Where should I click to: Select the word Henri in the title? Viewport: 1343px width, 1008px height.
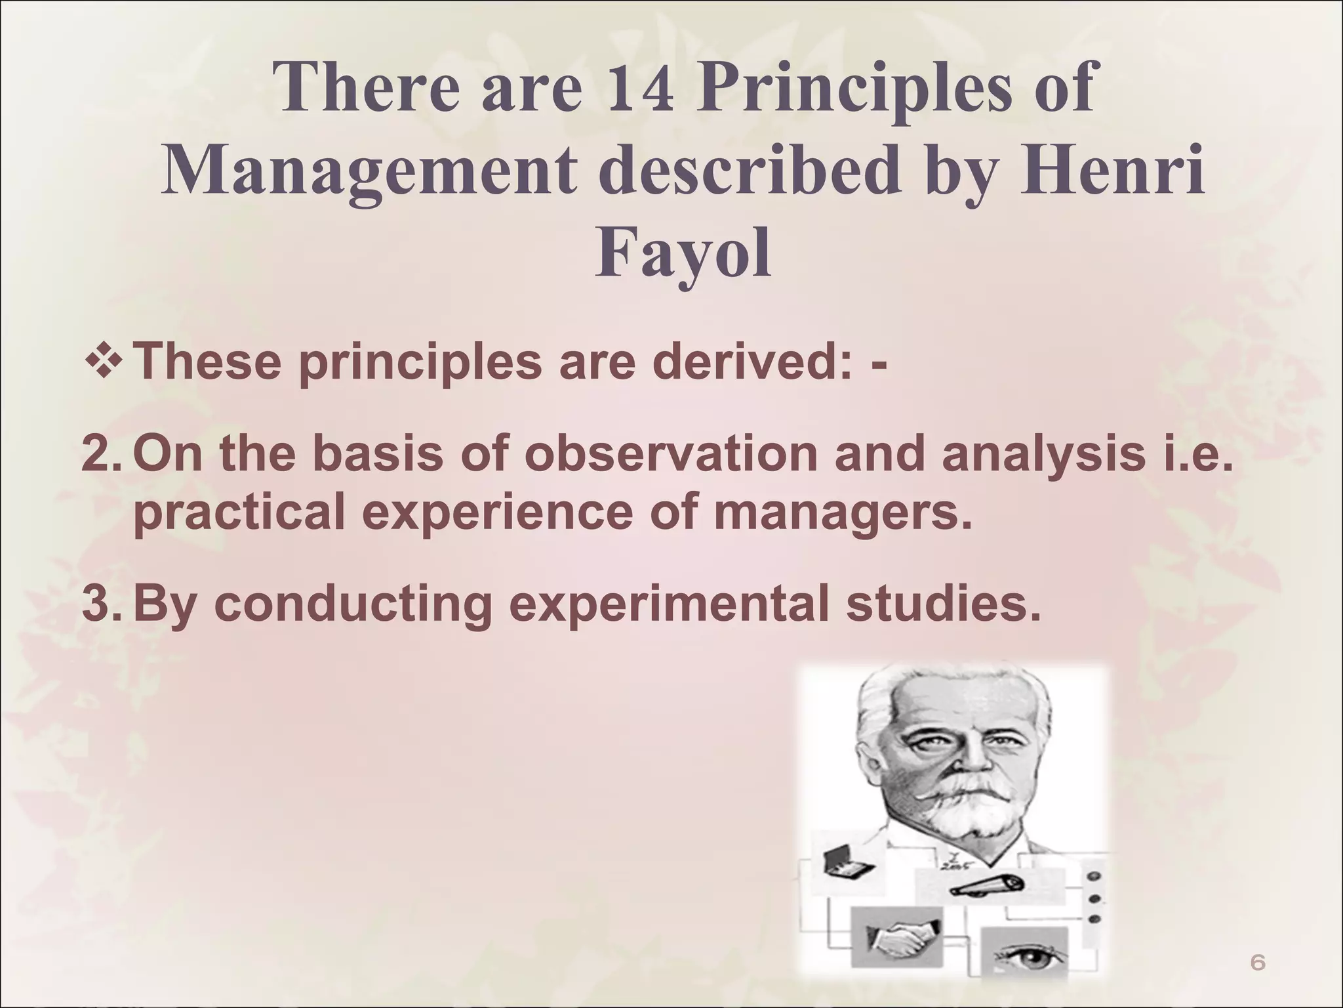pyautogui.click(x=1112, y=171)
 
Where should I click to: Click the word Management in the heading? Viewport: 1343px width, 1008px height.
pyautogui.click(x=369, y=171)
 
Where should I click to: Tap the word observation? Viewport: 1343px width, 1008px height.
pyautogui.click(x=669, y=454)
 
